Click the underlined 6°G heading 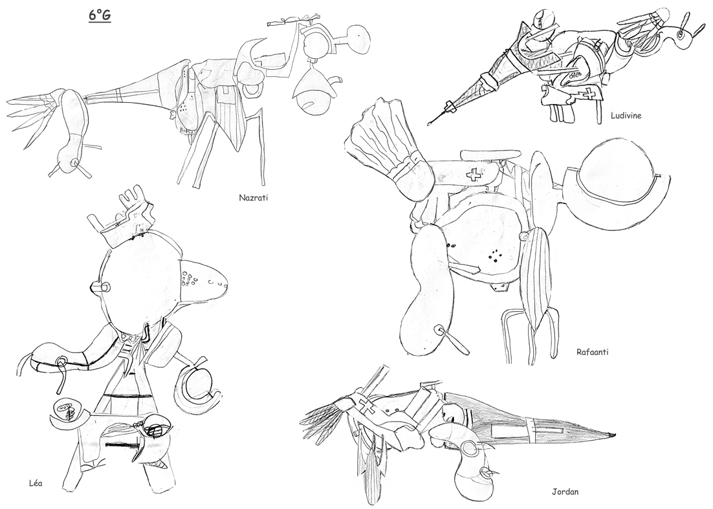tap(100, 16)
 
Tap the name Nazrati tap(252, 198)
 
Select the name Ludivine tap(626, 115)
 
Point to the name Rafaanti tap(592, 352)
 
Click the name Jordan tap(565, 492)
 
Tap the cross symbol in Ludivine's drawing tap(590, 94)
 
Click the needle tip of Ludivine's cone tap(428, 123)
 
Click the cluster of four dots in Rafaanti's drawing tap(494, 256)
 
